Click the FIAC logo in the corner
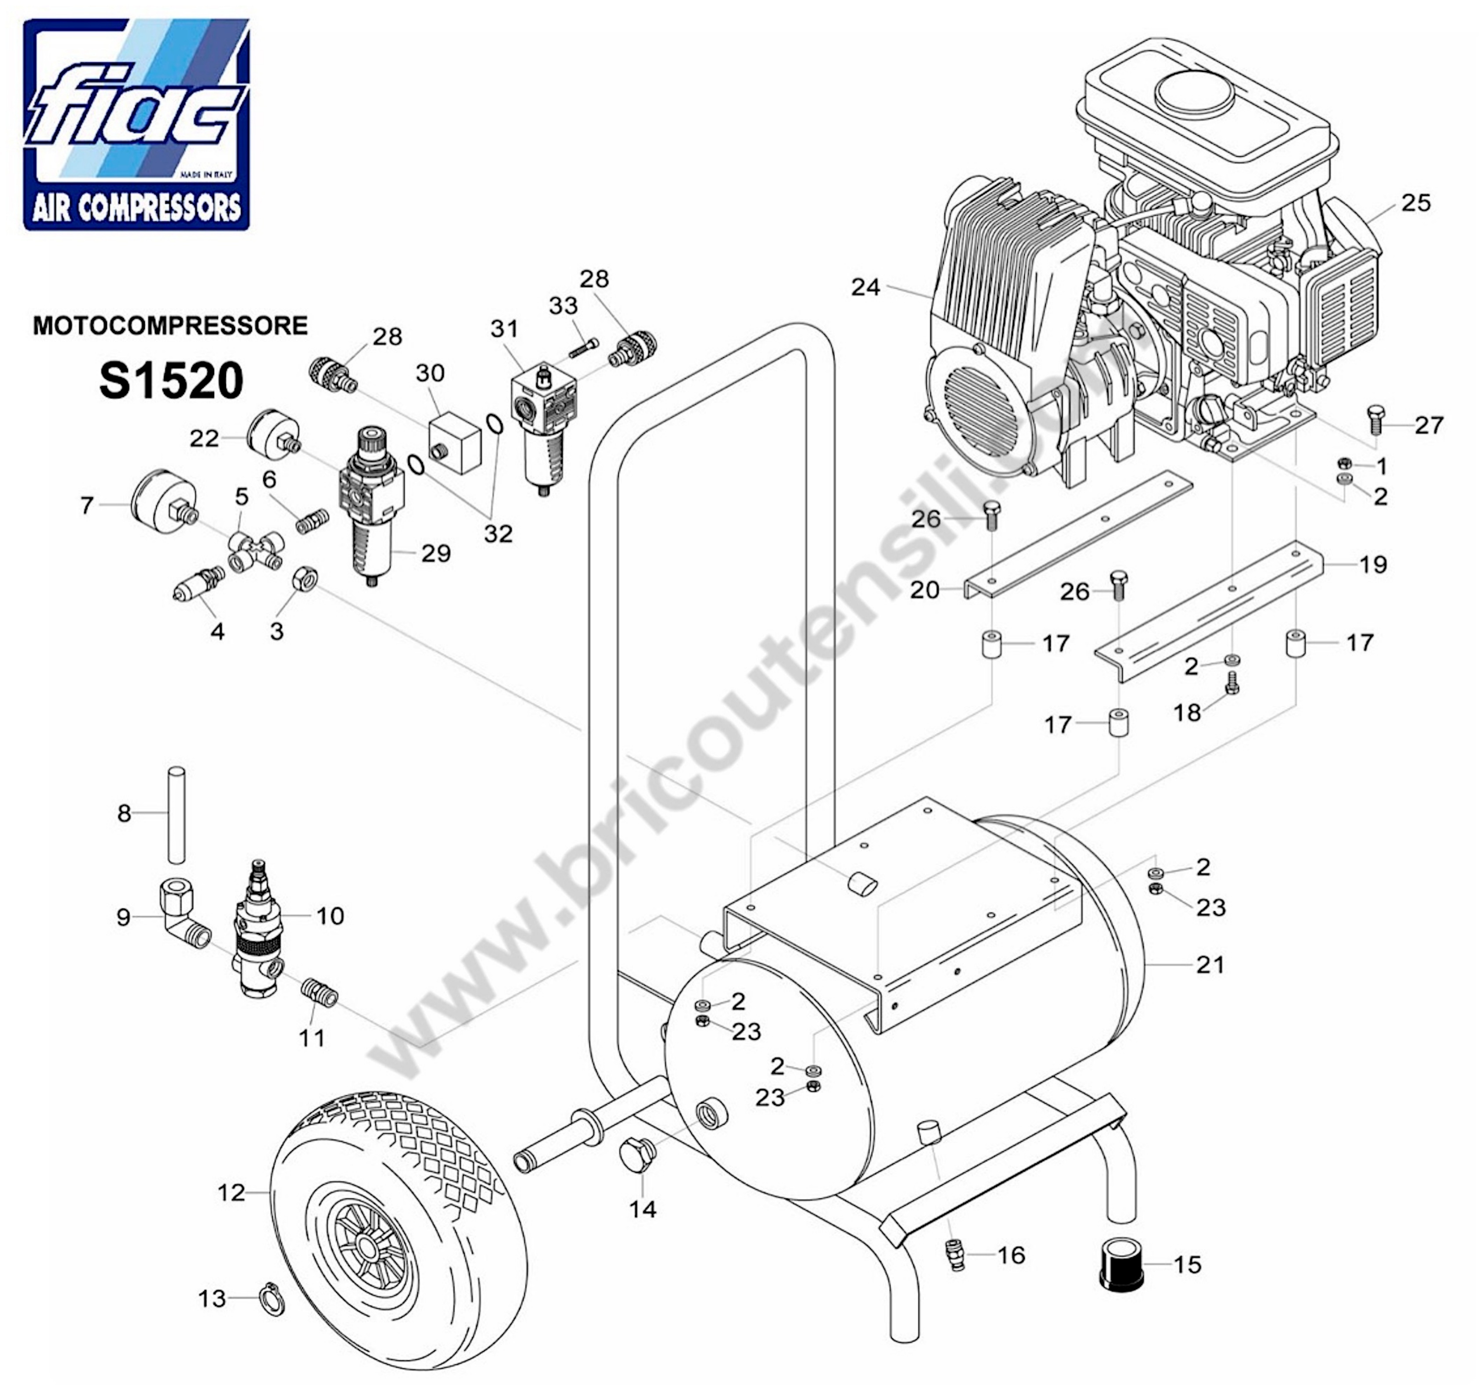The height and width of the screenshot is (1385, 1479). [x=137, y=124]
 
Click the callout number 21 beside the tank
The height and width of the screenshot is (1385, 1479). [x=1210, y=964]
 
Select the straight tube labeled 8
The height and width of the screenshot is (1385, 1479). [x=176, y=816]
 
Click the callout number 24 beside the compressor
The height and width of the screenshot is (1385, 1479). [x=865, y=287]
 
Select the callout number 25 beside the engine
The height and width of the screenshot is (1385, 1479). [x=1416, y=202]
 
